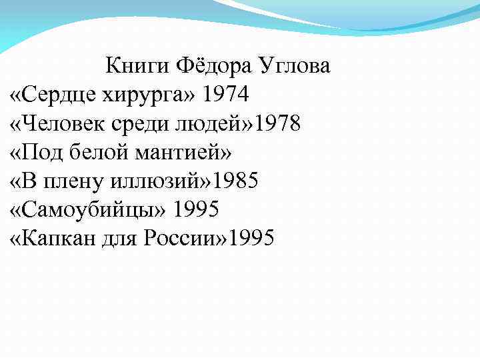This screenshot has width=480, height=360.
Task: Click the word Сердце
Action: (60, 95)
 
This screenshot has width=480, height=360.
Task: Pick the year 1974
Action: (227, 95)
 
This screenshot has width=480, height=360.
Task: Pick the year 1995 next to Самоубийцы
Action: (196, 209)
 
